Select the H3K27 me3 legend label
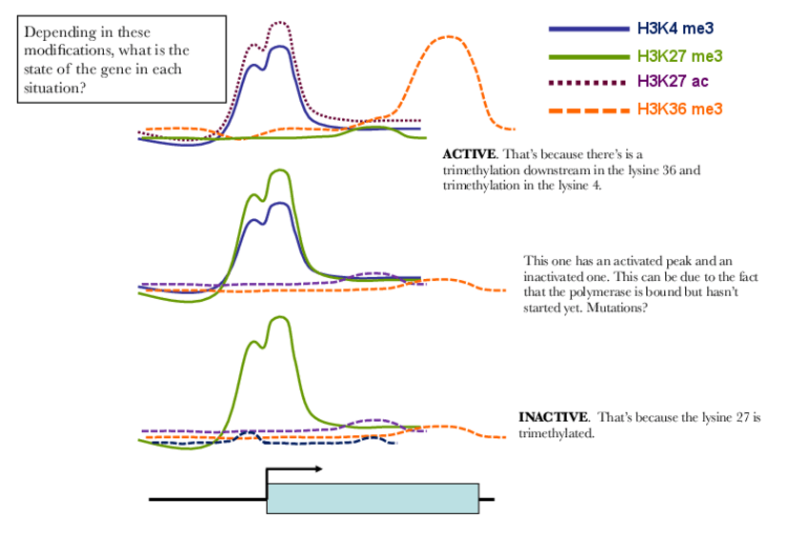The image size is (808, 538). coord(681,56)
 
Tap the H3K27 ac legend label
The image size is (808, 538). coord(674,81)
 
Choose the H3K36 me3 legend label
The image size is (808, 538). coord(680,110)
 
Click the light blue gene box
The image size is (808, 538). coord(373,498)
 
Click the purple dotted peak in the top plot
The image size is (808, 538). coord(278,23)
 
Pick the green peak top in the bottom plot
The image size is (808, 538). coord(279,319)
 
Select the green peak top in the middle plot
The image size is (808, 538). coord(279,171)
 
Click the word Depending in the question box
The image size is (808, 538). coord(58,32)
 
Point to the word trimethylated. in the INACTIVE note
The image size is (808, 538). coord(556,433)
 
